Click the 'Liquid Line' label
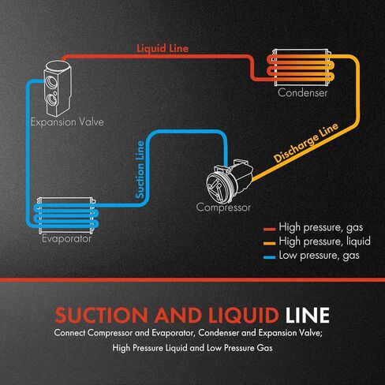click(x=163, y=49)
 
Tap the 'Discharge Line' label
click(x=306, y=142)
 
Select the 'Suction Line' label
click(x=140, y=170)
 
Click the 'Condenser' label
click(x=302, y=93)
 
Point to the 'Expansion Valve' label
click(x=67, y=122)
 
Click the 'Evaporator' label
click(x=66, y=239)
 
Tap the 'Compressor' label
click(x=223, y=207)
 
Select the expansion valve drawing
click(x=58, y=88)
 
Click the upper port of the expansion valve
click(x=50, y=81)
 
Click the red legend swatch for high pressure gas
click(x=269, y=230)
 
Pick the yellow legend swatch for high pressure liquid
click(x=269, y=243)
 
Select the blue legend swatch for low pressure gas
click(x=269, y=257)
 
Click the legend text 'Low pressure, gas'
click(x=319, y=256)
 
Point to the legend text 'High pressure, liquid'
click(x=325, y=241)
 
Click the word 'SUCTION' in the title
click(x=102, y=315)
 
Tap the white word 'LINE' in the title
click(x=307, y=315)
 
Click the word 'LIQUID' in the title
click(x=244, y=316)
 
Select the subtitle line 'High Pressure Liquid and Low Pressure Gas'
click(x=192, y=348)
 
